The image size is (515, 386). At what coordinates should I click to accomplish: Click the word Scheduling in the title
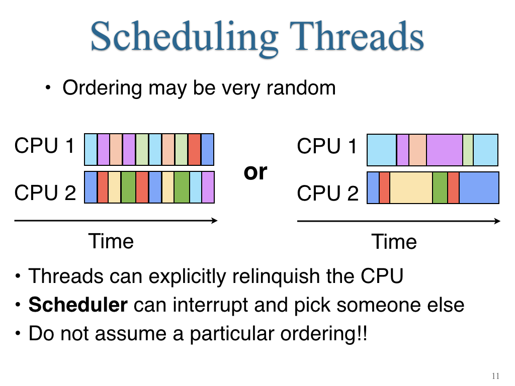tap(184, 38)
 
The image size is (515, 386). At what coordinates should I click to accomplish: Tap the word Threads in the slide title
tap(357, 36)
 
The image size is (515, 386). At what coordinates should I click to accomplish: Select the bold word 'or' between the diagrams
tap(255, 172)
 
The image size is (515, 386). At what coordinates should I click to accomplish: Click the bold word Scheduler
tap(78, 305)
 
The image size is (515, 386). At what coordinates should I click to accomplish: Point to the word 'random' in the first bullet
tap(301, 87)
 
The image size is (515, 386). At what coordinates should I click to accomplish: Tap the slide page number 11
tap(495, 376)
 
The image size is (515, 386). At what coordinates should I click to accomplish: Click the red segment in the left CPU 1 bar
tap(195, 149)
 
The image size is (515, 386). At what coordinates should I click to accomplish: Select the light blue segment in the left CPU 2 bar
tap(196, 187)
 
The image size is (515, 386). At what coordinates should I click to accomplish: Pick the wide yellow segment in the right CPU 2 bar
tap(411, 188)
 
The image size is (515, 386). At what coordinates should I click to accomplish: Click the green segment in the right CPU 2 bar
tap(440, 188)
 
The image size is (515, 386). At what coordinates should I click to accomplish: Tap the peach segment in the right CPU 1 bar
tap(417, 150)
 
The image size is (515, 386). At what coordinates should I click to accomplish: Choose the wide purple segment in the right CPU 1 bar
tap(445, 150)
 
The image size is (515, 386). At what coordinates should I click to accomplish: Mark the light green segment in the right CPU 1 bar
tap(468, 150)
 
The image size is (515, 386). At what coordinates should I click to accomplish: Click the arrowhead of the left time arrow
tap(214, 221)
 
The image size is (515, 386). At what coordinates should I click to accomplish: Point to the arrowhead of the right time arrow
tap(497, 221)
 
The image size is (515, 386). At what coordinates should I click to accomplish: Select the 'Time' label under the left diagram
tap(111, 241)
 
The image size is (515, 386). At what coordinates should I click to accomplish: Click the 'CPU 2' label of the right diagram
tap(327, 193)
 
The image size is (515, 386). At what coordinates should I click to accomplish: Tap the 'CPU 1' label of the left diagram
tap(45, 145)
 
